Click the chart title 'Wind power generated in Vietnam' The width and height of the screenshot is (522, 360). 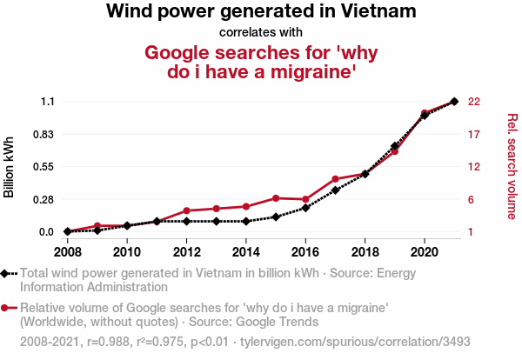[261, 12]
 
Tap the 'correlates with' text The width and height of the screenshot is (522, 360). [261, 32]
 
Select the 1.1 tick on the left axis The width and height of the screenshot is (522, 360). [47, 102]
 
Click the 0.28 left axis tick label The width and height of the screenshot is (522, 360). [43, 200]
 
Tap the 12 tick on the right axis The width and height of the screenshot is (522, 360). [474, 167]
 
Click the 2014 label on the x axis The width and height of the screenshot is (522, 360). [246, 252]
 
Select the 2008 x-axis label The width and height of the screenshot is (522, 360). [67, 252]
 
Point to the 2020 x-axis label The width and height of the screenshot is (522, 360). [425, 252]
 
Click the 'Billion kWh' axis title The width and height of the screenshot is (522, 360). [10, 167]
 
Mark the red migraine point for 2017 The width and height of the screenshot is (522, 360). [335, 179]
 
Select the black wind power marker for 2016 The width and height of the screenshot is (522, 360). [305, 208]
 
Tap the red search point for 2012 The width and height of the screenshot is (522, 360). [186, 211]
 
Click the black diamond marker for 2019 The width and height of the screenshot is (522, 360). [395, 146]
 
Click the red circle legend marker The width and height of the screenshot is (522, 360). [6, 308]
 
